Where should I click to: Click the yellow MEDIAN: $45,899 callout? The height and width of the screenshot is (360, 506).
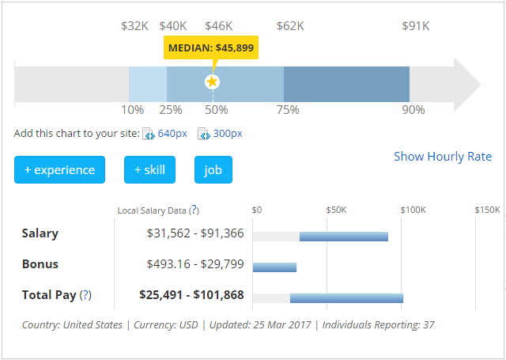(x=211, y=47)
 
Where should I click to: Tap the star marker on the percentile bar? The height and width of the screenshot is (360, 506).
(x=212, y=81)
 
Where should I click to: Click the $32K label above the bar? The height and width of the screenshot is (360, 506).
(x=134, y=26)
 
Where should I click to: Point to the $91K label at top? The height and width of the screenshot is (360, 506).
(x=415, y=26)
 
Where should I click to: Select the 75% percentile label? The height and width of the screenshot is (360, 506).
(x=288, y=110)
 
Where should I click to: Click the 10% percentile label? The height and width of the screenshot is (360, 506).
(x=132, y=110)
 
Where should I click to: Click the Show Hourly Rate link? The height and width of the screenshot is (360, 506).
(x=443, y=156)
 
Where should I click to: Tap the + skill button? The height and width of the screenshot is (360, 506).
(x=149, y=170)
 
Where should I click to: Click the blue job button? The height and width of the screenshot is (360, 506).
(x=213, y=170)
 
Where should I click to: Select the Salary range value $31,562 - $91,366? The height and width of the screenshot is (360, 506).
(x=195, y=233)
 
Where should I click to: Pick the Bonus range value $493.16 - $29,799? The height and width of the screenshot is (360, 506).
(x=195, y=264)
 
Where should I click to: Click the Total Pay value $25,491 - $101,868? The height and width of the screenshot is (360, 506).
(x=191, y=295)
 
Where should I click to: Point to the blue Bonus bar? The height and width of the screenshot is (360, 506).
(x=274, y=267)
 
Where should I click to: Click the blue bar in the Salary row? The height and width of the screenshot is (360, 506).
(x=344, y=237)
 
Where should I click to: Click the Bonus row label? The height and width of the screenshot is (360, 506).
(x=40, y=264)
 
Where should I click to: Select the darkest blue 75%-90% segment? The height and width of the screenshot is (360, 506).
(x=346, y=84)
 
